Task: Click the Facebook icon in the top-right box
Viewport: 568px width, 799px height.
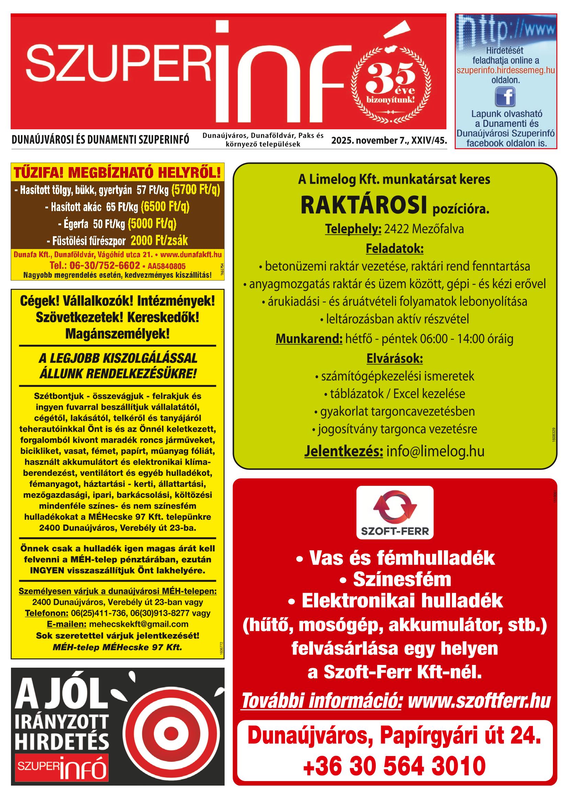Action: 505,97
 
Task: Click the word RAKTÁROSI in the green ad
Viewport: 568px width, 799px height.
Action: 364,206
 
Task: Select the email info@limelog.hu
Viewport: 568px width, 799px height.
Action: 435,451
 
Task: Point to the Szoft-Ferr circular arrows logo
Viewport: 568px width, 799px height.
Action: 395,506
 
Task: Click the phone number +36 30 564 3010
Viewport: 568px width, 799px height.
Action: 394,766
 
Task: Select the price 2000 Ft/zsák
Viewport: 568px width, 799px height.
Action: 159,241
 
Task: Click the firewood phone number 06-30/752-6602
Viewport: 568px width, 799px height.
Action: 95,265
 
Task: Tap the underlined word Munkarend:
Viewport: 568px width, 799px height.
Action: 309,339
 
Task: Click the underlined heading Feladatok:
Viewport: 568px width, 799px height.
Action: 394,249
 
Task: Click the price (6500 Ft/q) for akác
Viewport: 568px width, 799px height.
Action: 165,207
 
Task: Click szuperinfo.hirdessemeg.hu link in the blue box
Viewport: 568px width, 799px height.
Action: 505,70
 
